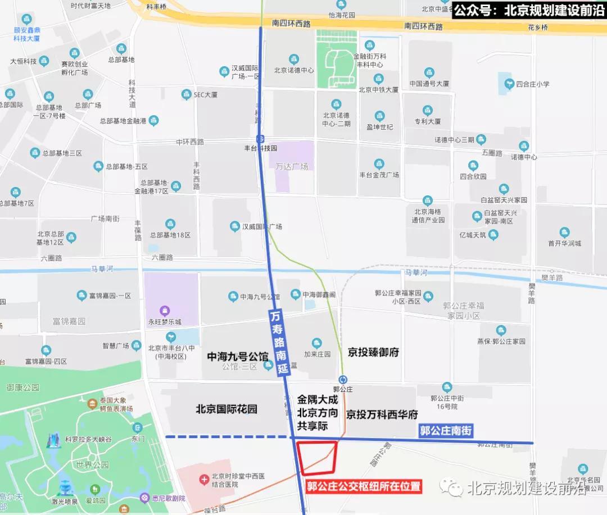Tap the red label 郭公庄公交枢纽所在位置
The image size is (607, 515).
(363, 486)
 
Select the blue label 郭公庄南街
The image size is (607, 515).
(446, 431)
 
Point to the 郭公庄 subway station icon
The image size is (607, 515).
(342, 379)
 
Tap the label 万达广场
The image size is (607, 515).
(292, 166)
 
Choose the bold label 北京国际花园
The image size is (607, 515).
(227, 409)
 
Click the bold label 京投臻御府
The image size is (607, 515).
(373, 352)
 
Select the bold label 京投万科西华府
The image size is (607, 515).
(382, 414)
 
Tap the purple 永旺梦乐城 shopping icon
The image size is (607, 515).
(164, 310)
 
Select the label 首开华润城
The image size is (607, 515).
(564, 243)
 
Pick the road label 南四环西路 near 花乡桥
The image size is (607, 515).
(423, 26)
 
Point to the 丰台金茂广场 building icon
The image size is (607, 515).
(379, 164)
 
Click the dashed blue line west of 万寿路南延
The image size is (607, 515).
(228, 436)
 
